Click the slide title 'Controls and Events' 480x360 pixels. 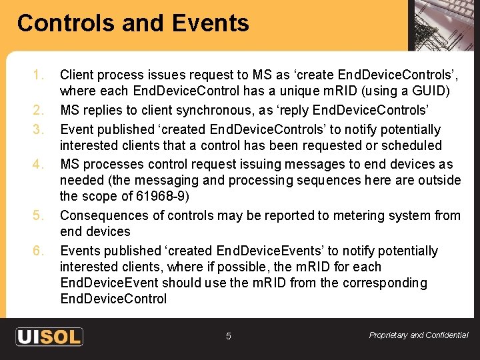tap(133, 23)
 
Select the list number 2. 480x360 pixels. tap(39, 110)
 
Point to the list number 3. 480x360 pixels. tap(39, 129)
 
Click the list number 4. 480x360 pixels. tap(39, 164)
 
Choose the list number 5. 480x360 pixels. tap(39, 215)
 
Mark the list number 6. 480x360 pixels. tap(39, 251)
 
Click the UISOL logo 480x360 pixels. tap(49, 336)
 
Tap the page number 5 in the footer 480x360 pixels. tap(228, 337)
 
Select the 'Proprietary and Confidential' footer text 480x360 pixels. tap(419, 335)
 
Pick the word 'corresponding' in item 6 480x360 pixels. tap(385, 283)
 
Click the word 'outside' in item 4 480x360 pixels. tap(439, 180)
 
